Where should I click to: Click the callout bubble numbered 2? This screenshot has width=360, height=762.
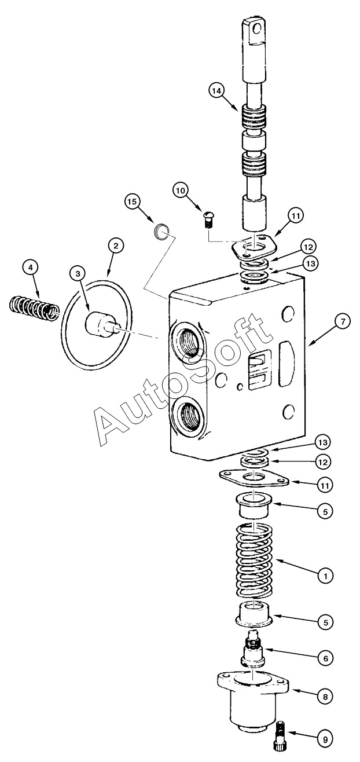[x=115, y=246]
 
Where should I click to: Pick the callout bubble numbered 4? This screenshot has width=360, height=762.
[x=30, y=267]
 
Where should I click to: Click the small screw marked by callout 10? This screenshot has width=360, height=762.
[x=209, y=219]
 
